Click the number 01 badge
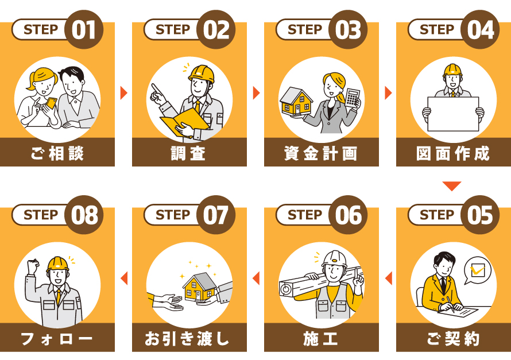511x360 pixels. pos(84,29)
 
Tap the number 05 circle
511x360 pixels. pos(480,215)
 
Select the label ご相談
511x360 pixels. pos(57,153)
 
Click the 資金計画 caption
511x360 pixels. pos(321,153)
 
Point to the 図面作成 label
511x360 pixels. pos(453,153)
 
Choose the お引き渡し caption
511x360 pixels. pos(187,338)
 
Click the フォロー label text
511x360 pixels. pos(57,338)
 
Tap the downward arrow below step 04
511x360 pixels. pos(452,186)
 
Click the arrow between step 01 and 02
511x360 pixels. pos(124,93)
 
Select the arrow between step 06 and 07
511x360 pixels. pos(256,278)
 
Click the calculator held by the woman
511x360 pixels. pos(353,98)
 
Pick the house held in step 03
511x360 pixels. pos(296,101)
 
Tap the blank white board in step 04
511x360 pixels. pos(453,114)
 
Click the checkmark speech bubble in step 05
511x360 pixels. pos(477,270)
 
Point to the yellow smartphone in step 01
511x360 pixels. pos(51,103)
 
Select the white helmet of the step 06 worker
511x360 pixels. pos(334,259)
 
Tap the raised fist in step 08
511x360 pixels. pos(33,266)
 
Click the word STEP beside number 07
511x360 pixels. pos(173,215)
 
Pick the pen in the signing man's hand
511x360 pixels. pos(451,304)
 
